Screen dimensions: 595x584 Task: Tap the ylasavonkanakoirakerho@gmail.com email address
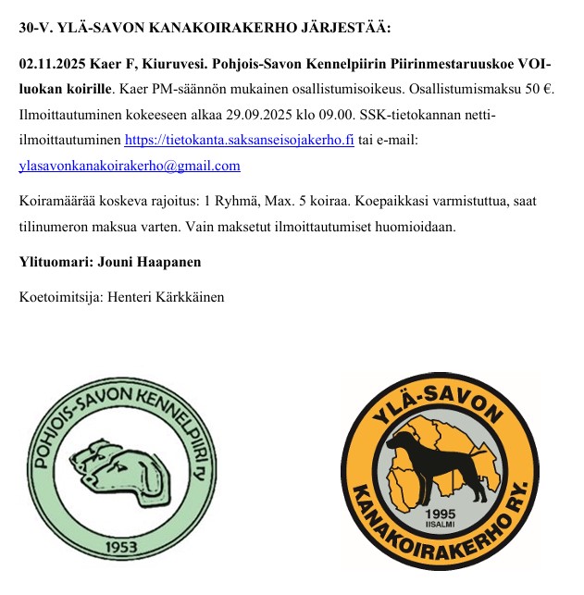point(130,166)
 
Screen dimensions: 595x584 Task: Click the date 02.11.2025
point(52,68)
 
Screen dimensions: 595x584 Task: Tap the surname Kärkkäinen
point(183,297)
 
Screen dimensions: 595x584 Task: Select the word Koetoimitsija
point(59,297)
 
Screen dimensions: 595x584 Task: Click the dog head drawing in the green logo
point(121,467)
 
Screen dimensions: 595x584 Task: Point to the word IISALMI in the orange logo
point(439,526)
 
